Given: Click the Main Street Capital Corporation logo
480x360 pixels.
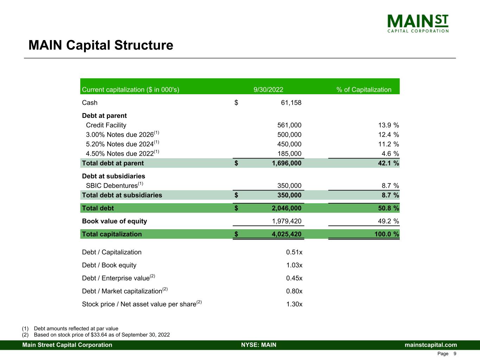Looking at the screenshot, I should click(x=418, y=24).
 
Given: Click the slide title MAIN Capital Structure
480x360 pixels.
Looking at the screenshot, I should click(x=101, y=45).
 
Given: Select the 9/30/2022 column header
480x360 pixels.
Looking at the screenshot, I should click(x=268, y=90).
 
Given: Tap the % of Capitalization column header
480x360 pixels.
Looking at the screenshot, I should click(x=364, y=90).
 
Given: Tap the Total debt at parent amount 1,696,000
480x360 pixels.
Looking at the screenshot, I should click(x=286, y=163).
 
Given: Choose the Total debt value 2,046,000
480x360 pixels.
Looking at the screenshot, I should click(x=286, y=208).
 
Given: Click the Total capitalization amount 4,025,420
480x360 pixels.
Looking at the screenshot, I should click(x=286, y=234).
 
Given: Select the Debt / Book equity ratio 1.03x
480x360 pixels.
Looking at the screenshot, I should click(x=294, y=265).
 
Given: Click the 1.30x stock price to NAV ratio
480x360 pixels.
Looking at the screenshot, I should click(x=294, y=304).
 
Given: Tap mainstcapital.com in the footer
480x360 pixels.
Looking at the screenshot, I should click(x=430, y=345).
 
